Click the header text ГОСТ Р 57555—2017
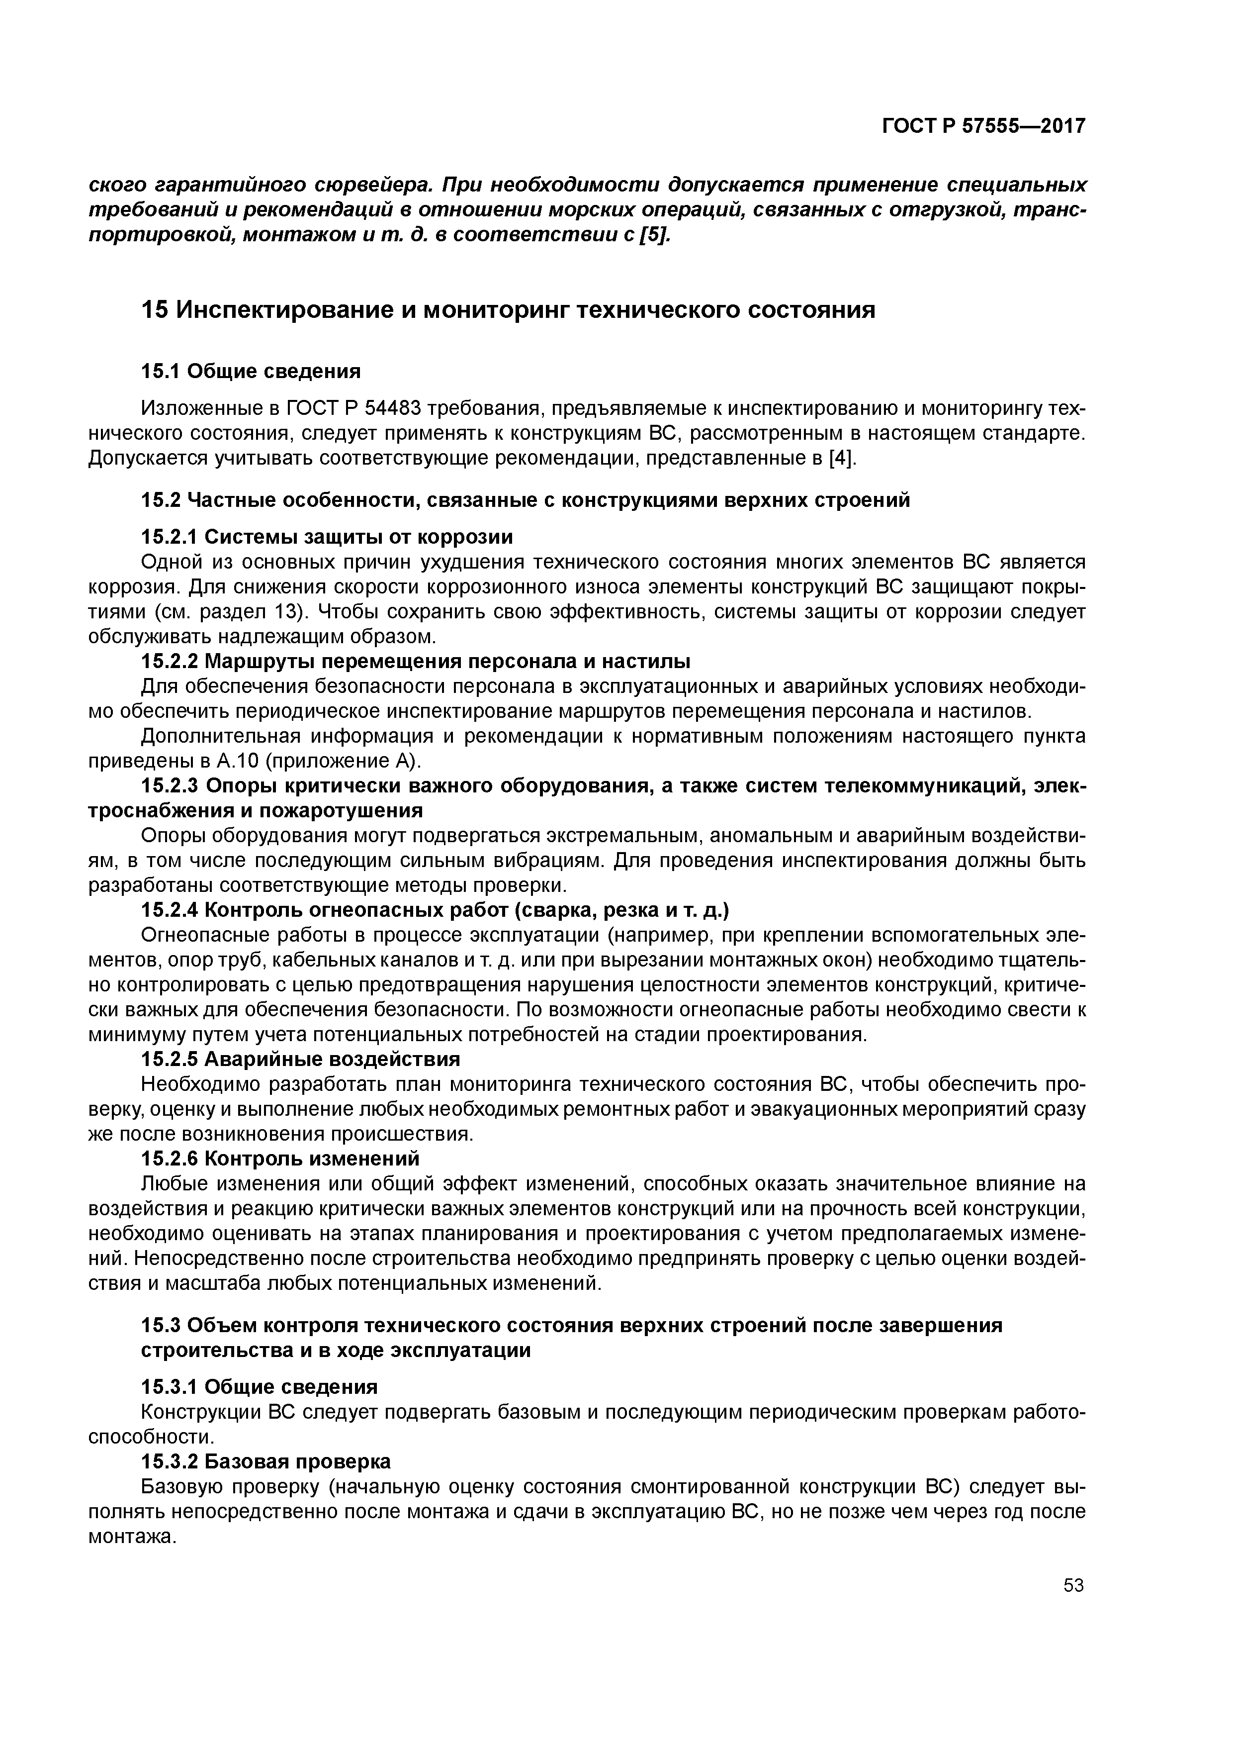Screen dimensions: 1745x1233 tap(983, 126)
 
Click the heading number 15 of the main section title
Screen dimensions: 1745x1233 tap(154, 310)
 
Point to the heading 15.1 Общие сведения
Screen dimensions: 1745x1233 tap(251, 371)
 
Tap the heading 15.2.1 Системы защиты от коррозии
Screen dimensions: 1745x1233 tap(327, 537)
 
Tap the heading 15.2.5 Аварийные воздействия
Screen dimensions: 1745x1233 tap(301, 1060)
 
